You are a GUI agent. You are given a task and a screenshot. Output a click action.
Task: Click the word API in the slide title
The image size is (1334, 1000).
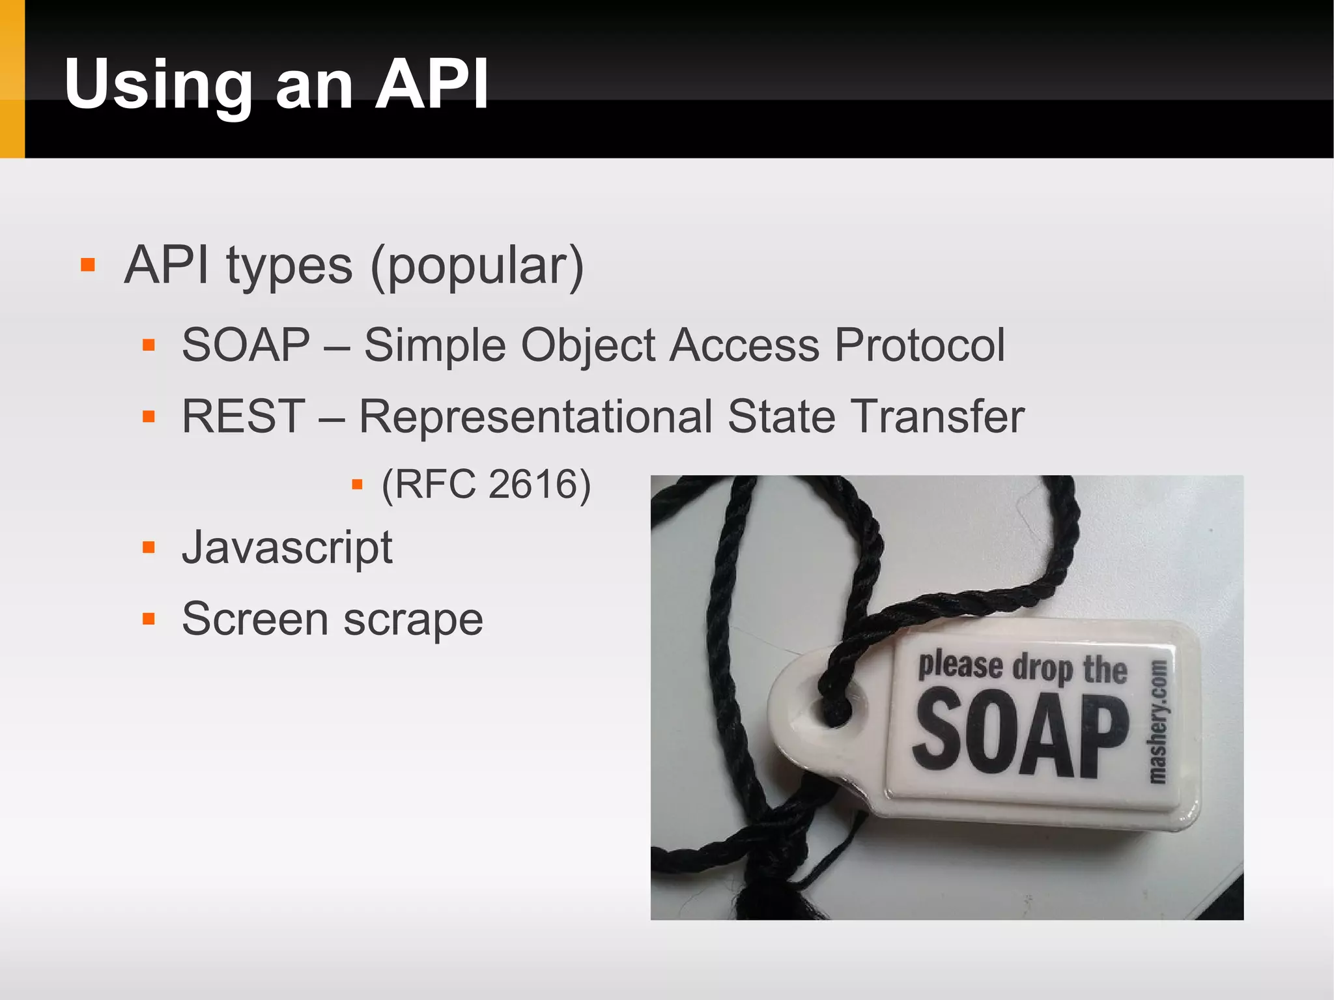click(x=432, y=85)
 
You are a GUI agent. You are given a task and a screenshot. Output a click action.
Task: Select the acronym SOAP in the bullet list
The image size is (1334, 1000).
click(x=246, y=345)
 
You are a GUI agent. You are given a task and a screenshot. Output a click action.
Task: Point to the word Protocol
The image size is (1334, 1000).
click(x=920, y=345)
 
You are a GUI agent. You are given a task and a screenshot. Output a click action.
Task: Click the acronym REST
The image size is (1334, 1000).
click(x=243, y=416)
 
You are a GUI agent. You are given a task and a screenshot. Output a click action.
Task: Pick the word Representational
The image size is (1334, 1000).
click(x=535, y=418)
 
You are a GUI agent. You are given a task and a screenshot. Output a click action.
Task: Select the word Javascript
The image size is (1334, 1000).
click(x=287, y=548)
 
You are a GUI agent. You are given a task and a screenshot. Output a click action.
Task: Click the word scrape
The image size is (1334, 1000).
click(x=413, y=620)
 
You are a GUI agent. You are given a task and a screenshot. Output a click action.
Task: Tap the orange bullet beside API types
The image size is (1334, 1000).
click(x=88, y=265)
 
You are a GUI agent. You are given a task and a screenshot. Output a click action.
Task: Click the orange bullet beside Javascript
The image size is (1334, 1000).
click(x=149, y=547)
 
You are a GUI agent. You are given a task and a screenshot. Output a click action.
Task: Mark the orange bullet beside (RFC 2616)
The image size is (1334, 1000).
click(x=357, y=484)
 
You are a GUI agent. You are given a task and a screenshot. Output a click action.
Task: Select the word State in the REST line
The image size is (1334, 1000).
click(x=781, y=416)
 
